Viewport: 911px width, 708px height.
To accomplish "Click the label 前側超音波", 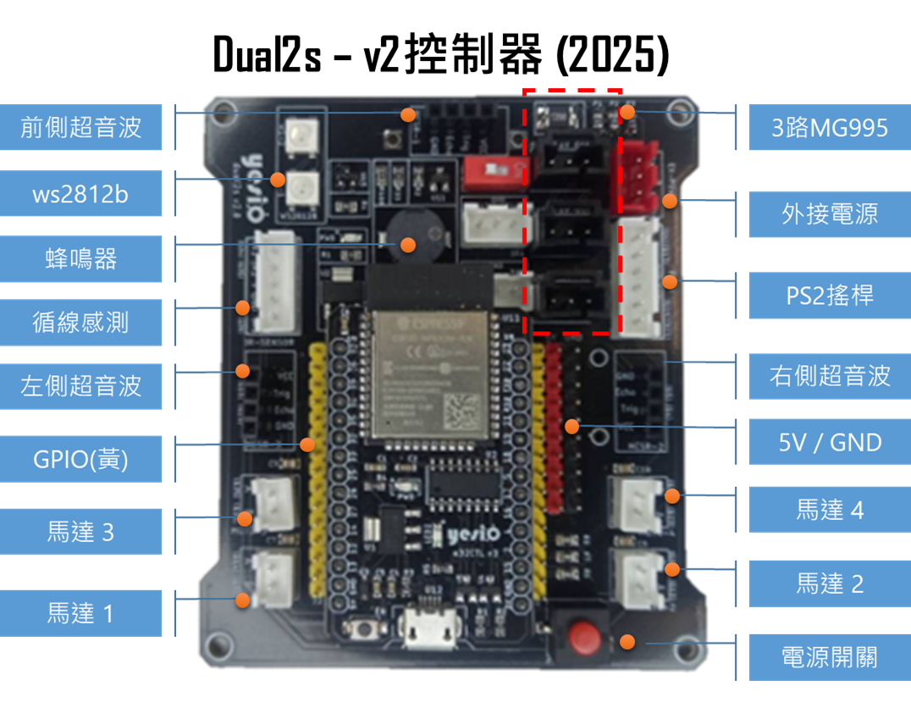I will (x=81, y=128).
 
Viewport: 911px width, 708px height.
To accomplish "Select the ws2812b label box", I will (x=81, y=194).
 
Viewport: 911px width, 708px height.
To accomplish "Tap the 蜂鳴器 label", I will (x=81, y=259).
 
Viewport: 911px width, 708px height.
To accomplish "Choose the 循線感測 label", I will (x=81, y=323).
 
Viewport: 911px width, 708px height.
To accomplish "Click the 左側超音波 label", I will (x=81, y=387).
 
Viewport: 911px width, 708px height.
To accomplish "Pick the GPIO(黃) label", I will (x=81, y=459).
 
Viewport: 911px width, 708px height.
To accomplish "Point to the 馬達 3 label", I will (x=81, y=532).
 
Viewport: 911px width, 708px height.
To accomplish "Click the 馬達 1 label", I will (x=81, y=613).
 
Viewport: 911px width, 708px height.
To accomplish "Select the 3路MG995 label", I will (x=829, y=128).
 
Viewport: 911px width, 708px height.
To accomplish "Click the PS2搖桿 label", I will (x=829, y=296).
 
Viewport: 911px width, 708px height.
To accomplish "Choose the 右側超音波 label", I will (x=829, y=376).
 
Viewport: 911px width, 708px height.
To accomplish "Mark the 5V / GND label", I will (x=829, y=441).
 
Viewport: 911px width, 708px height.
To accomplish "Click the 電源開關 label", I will (x=829, y=657).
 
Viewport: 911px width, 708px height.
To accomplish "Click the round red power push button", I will (x=582, y=634).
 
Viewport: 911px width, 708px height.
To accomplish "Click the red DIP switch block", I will (x=489, y=174).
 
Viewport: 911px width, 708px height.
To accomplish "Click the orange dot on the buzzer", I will (x=408, y=245).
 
